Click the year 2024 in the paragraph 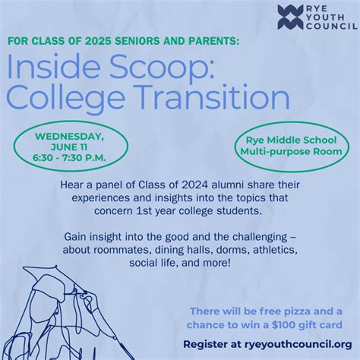pyautogui.click(x=168, y=183)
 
